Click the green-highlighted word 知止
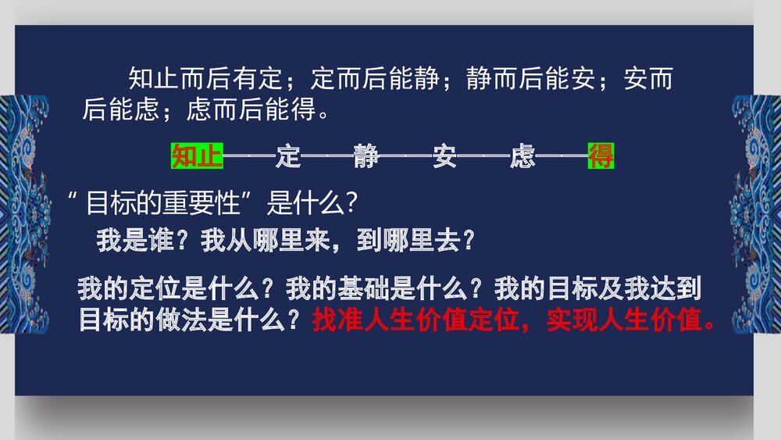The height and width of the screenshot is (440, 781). (x=197, y=156)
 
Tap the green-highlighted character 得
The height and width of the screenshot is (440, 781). (x=601, y=156)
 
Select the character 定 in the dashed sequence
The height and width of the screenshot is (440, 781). (x=288, y=156)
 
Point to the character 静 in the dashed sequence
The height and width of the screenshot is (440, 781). (x=366, y=156)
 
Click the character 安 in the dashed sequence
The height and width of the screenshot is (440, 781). (x=444, y=156)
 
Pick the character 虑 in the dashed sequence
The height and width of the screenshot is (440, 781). (x=522, y=156)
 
